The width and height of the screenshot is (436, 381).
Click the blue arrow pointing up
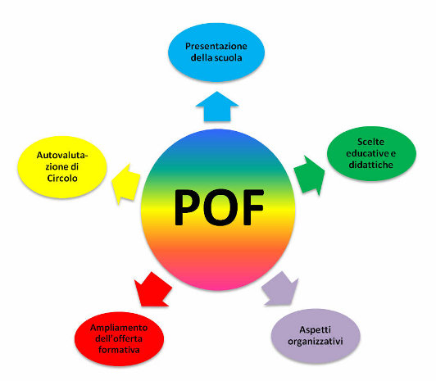point(217,107)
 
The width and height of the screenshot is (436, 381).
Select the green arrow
point(310,175)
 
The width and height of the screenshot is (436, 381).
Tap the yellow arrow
point(125,184)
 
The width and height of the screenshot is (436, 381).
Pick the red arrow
point(152,290)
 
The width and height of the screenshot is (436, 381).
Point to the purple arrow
point(279,289)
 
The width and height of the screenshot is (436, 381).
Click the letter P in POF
point(188,207)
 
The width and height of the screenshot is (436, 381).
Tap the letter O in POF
point(220,207)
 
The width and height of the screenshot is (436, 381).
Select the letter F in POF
point(253,207)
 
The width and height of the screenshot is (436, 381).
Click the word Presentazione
point(216,46)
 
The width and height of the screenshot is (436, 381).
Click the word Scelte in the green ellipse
point(371,142)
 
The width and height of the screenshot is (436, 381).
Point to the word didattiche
point(371,165)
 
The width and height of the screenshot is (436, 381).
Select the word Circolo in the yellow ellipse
point(62,178)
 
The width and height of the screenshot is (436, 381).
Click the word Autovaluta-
point(62,155)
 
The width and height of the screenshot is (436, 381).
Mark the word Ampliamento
point(119,328)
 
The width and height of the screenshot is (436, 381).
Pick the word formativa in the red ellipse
point(119,350)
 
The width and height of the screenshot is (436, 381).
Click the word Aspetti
point(316,330)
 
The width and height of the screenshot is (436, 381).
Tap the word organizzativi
point(316,341)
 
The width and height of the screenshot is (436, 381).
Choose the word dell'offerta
point(119,338)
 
